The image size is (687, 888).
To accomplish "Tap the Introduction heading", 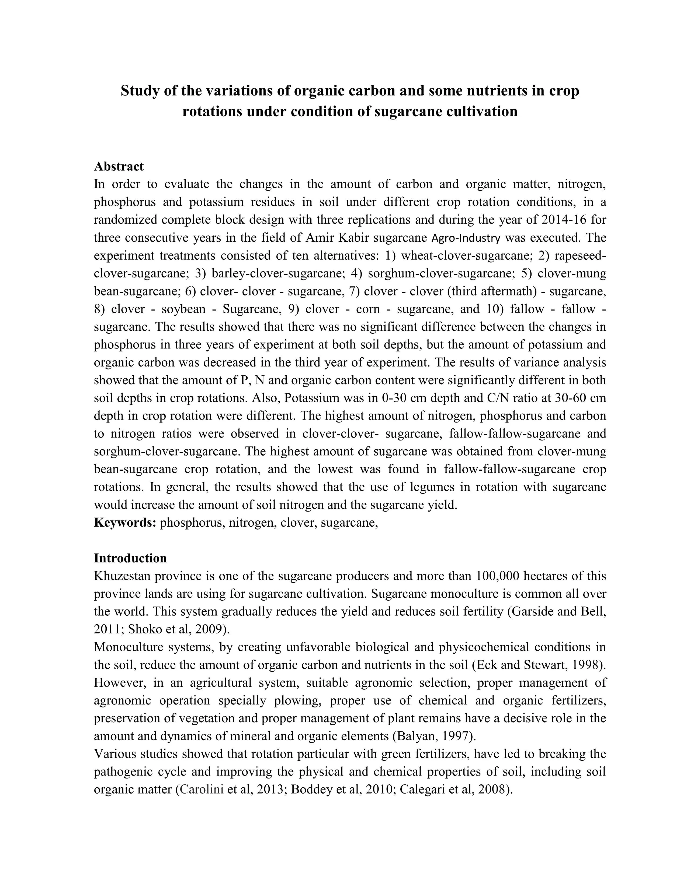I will pos(130,558).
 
